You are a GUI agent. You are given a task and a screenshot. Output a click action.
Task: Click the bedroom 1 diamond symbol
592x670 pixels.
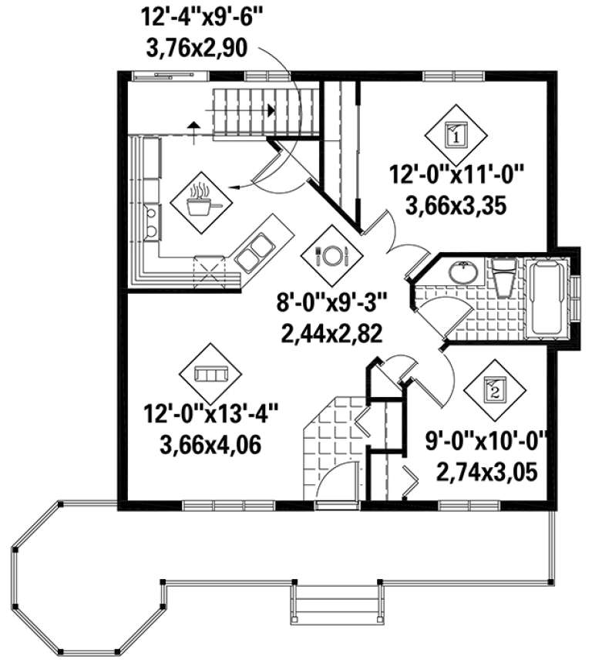[x=455, y=137]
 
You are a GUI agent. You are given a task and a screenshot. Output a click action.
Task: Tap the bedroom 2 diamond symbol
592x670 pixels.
[x=494, y=390]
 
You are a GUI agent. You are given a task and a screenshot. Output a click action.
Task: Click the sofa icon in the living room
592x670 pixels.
[x=209, y=374]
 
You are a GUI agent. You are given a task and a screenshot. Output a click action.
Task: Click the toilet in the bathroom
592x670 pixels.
[x=505, y=276]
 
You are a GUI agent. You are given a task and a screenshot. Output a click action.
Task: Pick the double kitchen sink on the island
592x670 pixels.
[x=254, y=254]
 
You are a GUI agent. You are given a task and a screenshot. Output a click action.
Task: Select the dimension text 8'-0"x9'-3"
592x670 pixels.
[x=334, y=301]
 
